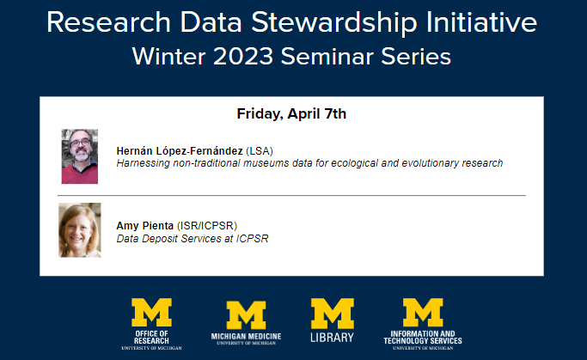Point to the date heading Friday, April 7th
[x=291, y=113]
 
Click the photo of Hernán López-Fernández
[x=80, y=156]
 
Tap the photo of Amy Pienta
[x=80, y=229]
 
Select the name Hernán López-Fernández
[x=180, y=150]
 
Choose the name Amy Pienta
[x=144, y=226]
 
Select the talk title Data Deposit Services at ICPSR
[x=193, y=238]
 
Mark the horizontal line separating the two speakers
[x=291, y=196]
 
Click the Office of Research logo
[x=151, y=323]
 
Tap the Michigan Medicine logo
[x=246, y=323]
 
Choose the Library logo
[x=332, y=321]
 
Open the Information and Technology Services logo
[x=423, y=323]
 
